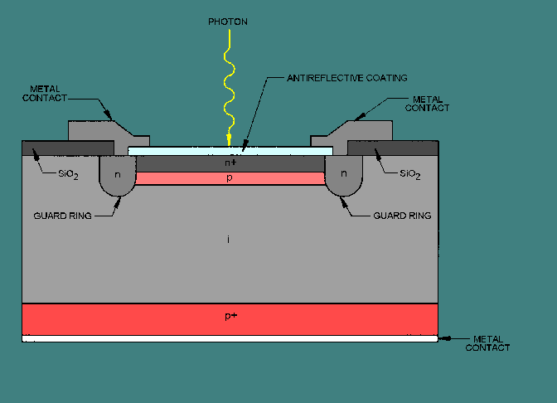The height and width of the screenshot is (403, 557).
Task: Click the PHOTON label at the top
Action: tap(228, 22)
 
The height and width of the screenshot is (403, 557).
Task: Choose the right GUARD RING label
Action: tap(402, 216)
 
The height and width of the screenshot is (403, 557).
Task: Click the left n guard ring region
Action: tap(118, 177)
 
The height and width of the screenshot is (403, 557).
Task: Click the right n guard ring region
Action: tap(342, 177)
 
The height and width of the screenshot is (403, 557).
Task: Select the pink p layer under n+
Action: tap(229, 178)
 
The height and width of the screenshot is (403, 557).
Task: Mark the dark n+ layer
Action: tap(229, 163)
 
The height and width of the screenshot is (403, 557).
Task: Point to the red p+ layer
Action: tap(230, 318)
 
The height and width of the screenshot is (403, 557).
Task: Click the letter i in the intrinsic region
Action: tap(230, 240)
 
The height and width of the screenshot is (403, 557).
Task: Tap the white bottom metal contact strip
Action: tap(230, 339)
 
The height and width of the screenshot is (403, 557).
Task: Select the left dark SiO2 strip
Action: tap(66, 148)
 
